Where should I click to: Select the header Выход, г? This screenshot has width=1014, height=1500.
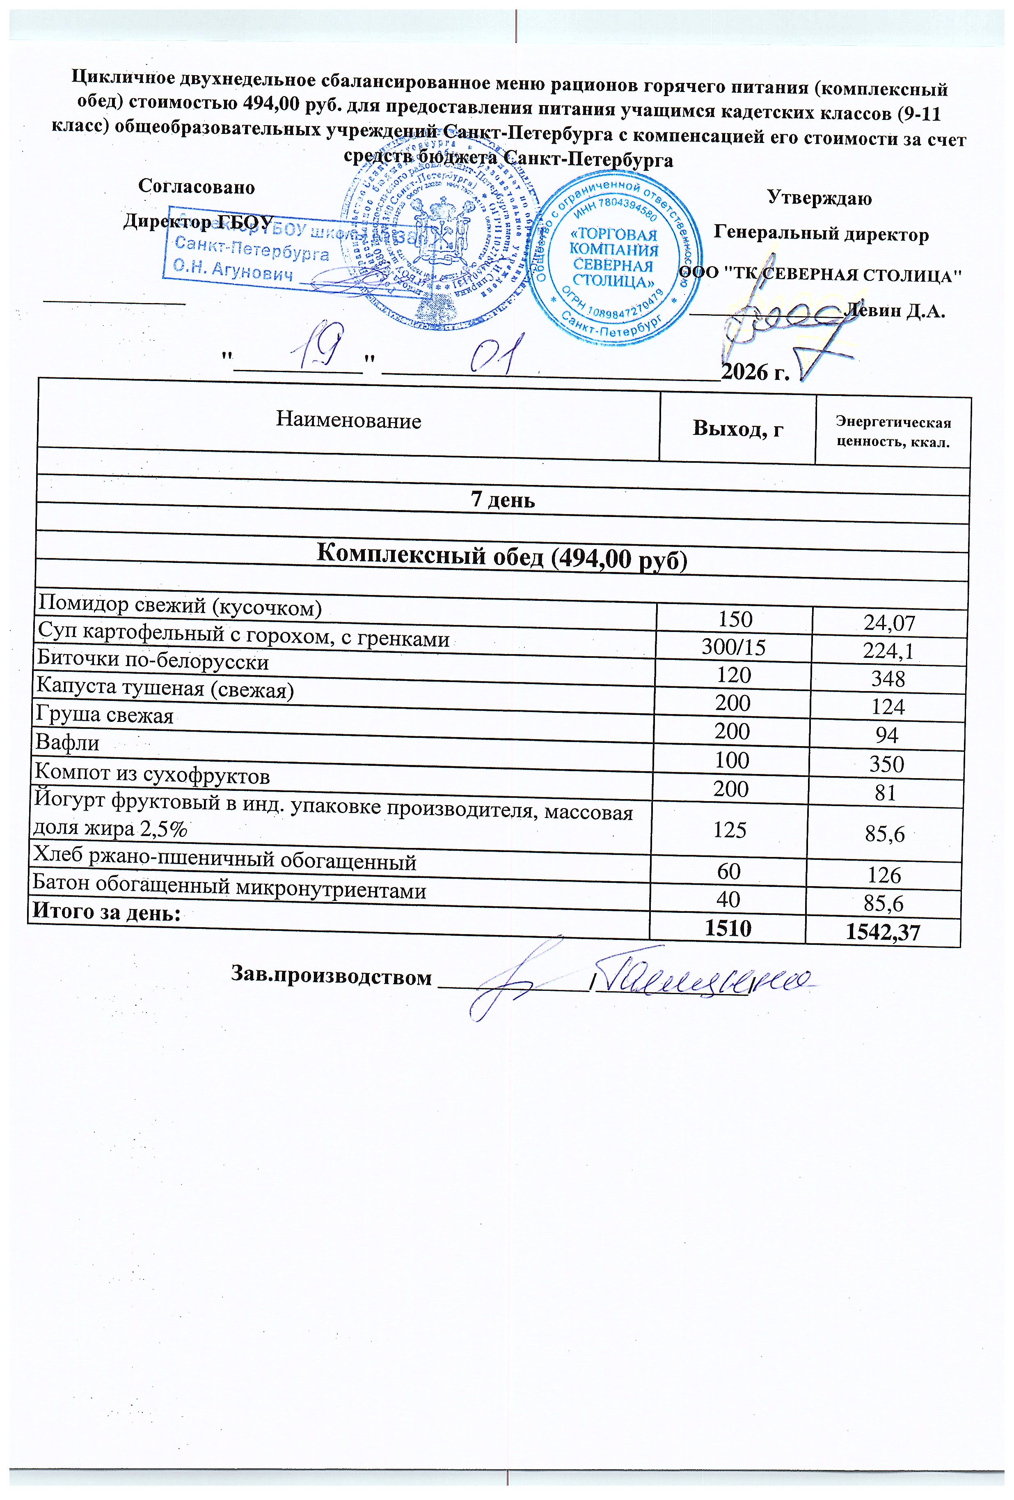[x=738, y=428]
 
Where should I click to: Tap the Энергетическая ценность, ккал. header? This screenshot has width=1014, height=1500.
[x=893, y=432]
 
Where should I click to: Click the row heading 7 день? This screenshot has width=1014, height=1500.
[x=503, y=500]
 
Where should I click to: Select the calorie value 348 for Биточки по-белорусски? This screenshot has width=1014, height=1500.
[x=888, y=678]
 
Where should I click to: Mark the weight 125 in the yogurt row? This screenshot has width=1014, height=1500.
[x=730, y=830]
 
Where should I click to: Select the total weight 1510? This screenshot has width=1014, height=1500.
[x=728, y=928]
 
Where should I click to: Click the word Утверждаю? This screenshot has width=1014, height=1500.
[x=819, y=198]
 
